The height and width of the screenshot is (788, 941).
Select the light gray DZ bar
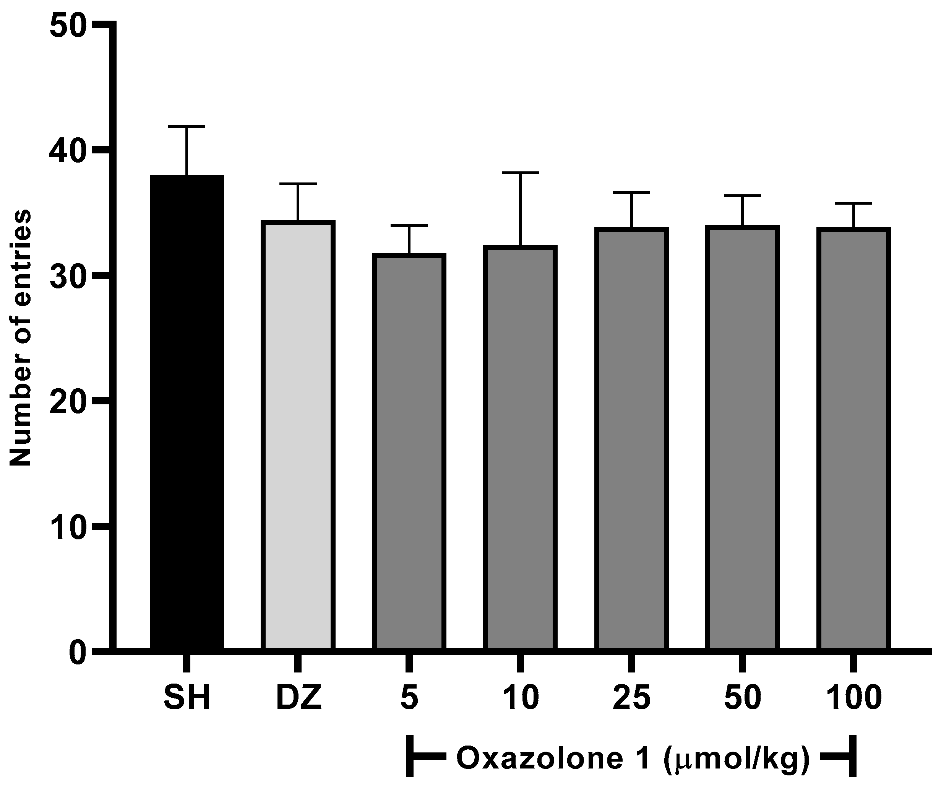point(298,435)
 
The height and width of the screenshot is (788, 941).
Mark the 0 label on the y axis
point(77,653)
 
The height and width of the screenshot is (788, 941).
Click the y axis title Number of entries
point(21,339)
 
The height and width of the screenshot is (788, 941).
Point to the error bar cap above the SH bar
point(187,127)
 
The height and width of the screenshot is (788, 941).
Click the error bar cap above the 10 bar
point(520,173)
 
